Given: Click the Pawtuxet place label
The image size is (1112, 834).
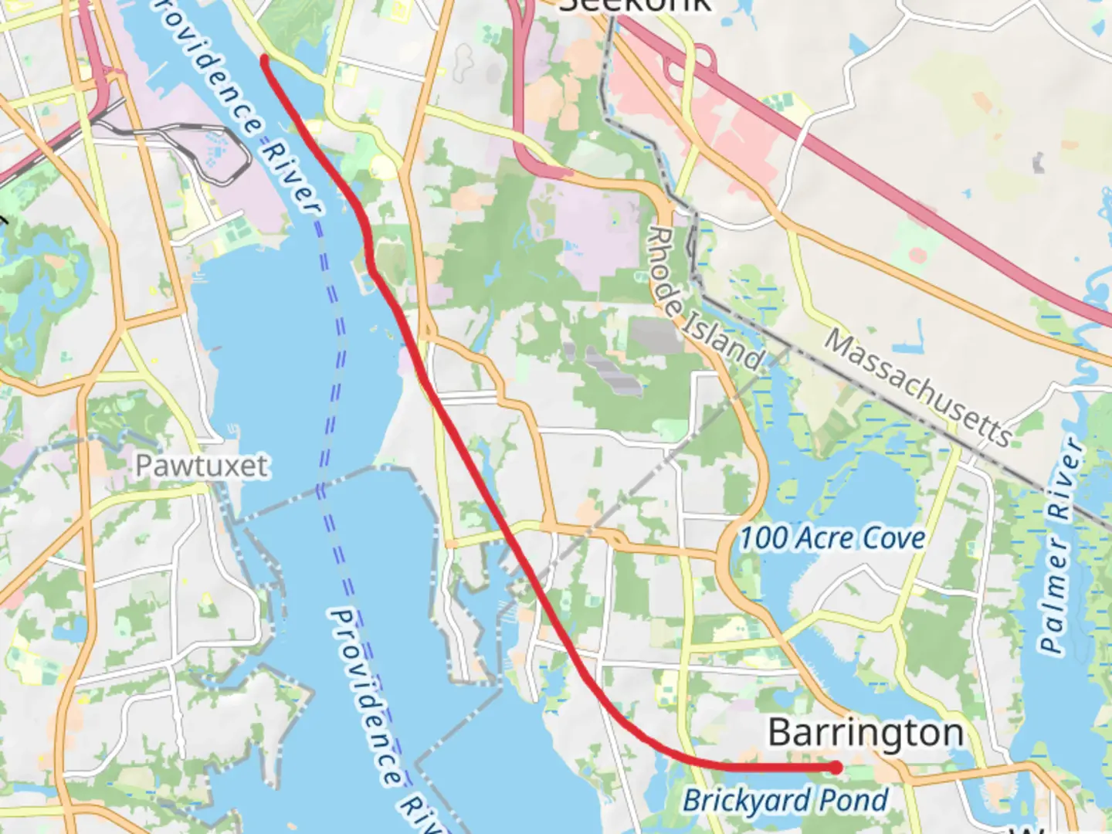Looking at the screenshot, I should click(x=202, y=466).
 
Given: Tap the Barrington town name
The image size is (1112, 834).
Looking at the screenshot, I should click(x=865, y=732).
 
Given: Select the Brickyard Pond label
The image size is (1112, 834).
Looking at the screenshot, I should click(x=785, y=801).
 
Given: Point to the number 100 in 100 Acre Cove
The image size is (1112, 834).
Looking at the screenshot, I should click(x=764, y=537).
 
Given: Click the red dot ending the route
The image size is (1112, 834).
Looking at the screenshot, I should click(x=836, y=767).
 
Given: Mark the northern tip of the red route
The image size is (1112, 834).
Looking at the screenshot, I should click(x=264, y=58).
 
